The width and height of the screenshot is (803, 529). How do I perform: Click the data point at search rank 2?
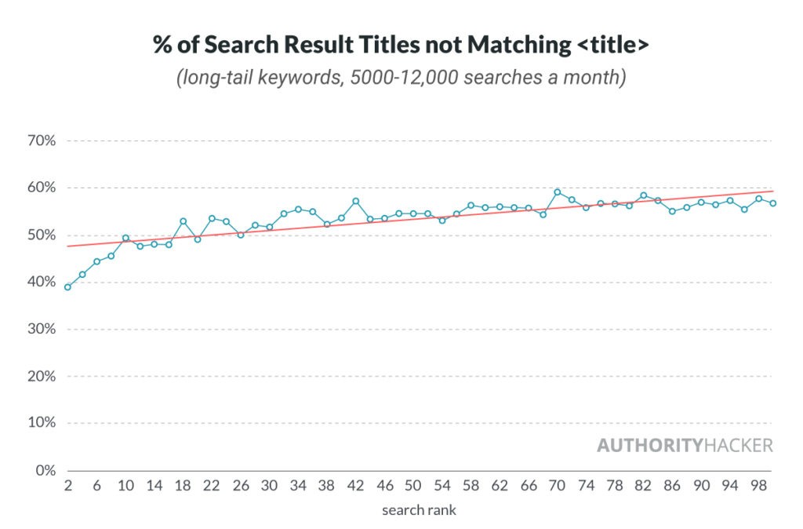pyautogui.click(x=67, y=287)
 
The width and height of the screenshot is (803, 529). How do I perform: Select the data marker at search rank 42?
pyautogui.click(x=355, y=201)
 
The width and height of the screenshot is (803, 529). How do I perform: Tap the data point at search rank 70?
pyautogui.click(x=557, y=192)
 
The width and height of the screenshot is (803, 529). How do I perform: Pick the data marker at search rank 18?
pyautogui.click(x=183, y=221)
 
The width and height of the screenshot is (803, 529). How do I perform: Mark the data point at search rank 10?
pyautogui.click(x=125, y=238)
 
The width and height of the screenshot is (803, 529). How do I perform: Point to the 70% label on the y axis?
pyautogui.click(x=41, y=141)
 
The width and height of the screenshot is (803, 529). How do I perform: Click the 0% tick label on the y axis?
pyautogui.click(x=45, y=470)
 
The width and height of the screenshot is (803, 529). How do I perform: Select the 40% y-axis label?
pyautogui.click(x=41, y=283)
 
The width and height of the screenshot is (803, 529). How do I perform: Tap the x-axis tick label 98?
pyautogui.click(x=758, y=486)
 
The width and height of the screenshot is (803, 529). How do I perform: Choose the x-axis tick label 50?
pyautogui.click(x=412, y=486)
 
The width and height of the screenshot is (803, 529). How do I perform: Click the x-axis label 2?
pyautogui.click(x=68, y=486)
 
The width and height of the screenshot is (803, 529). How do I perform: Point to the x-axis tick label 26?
pyautogui.click(x=240, y=486)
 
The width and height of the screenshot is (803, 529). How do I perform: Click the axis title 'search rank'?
pyautogui.click(x=419, y=510)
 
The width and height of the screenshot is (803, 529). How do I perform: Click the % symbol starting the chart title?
pyautogui.click(x=163, y=46)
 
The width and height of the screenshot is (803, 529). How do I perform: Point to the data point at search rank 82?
pyautogui.click(x=643, y=195)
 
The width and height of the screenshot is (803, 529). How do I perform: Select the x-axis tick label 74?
pyautogui.click(x=585, y=486)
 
